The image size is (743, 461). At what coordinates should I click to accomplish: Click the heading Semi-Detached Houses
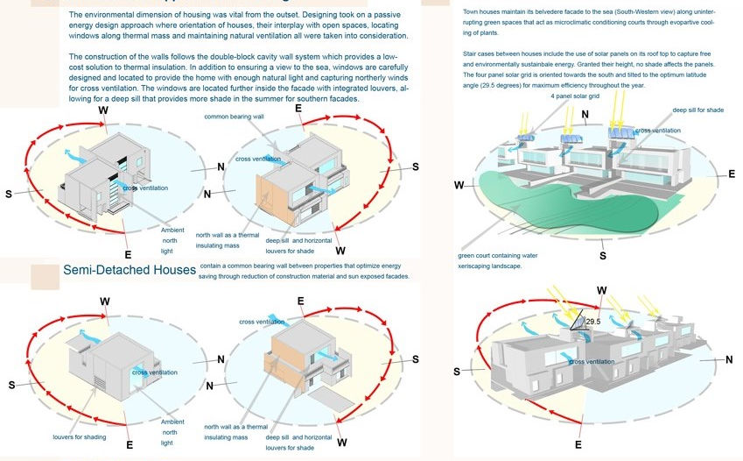click(x=129, y=270)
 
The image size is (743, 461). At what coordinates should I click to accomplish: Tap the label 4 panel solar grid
click(x=575, y=119)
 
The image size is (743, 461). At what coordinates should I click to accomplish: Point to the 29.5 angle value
click(x=593, y=323)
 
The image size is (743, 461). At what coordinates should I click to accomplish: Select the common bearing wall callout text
click(x=233, y=116)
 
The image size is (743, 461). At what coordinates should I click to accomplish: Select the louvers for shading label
click(x=80, y=436)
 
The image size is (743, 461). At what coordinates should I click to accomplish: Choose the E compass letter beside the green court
click(x=731, y=174)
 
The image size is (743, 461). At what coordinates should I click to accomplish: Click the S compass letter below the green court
click(x=602, y=256)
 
